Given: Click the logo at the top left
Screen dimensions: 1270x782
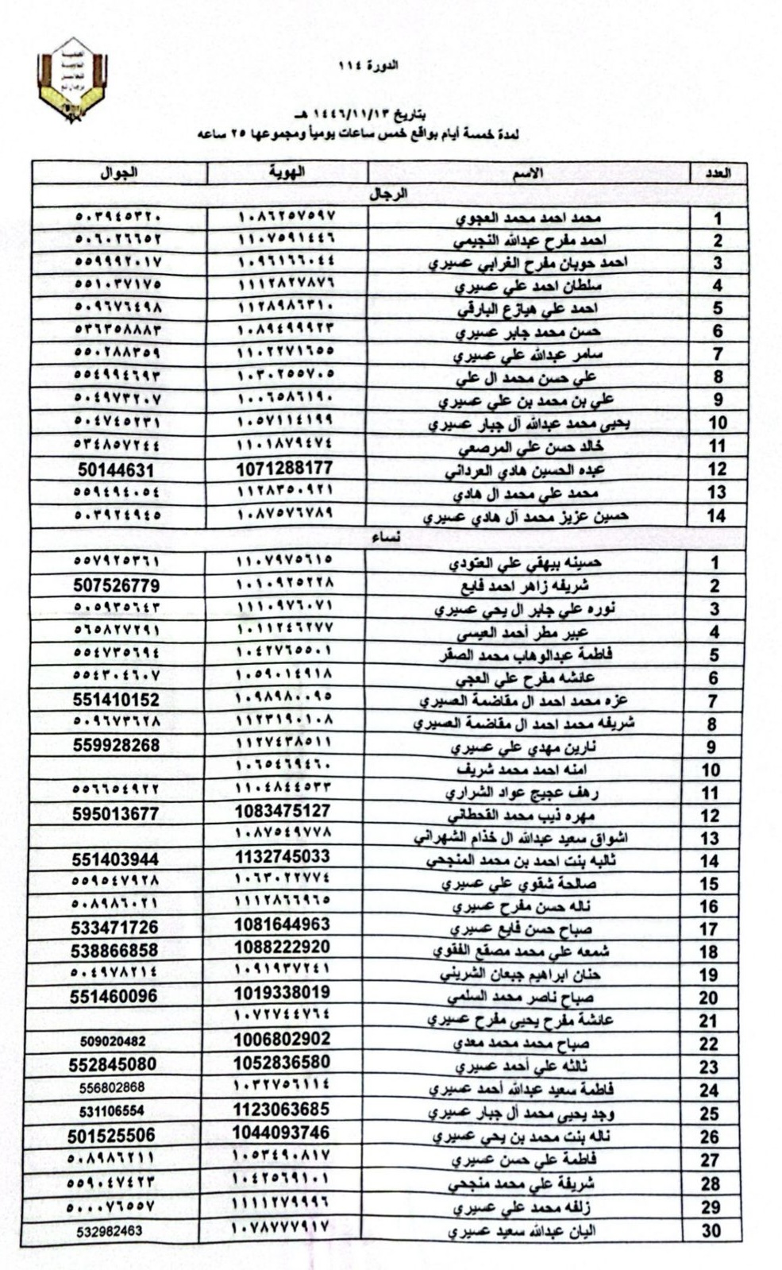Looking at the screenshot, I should (72, 79).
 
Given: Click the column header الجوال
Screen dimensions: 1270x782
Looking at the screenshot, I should (119, 172).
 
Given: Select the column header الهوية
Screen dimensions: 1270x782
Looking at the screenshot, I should (287, 172).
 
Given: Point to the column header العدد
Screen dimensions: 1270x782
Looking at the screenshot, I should (717, 173).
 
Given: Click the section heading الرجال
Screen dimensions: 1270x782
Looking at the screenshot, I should (389, 194).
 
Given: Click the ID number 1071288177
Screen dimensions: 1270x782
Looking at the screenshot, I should (284, 469).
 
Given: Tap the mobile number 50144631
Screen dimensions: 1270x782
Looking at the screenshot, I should (116, 470).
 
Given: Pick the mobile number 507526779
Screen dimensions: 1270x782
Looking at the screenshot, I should (116, 585).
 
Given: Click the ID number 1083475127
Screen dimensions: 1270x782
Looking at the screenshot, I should (283, 811).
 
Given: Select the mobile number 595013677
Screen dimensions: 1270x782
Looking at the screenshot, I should (115, 814).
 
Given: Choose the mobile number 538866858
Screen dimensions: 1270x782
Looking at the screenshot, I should (114, 950).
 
